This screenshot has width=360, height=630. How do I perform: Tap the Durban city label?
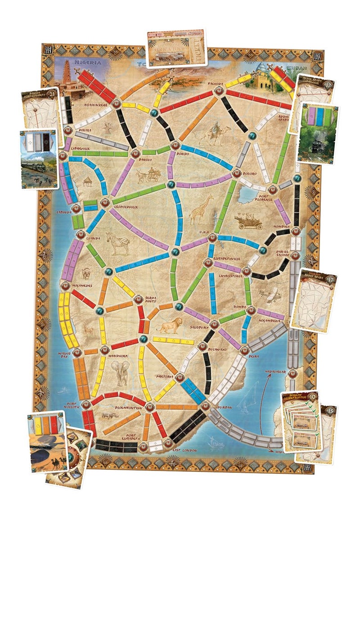click(x=223, y=408)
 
